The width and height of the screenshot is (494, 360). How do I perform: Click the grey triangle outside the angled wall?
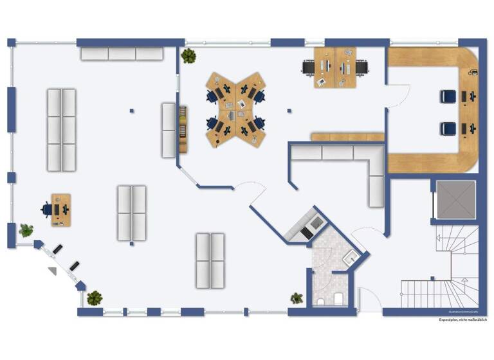(52, 271)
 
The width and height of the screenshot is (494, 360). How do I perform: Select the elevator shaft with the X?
(455, 201)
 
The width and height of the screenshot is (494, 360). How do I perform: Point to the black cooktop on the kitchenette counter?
(317, 222)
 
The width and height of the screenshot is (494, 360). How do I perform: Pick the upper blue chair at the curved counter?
(448, 96)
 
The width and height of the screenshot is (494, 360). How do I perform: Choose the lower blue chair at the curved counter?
(448, 129)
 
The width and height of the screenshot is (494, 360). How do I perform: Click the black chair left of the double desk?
(309, 66)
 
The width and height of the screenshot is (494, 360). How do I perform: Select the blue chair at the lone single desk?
(47, 209)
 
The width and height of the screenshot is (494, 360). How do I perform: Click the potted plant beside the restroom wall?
(297, 298)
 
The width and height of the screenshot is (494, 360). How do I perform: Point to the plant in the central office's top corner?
(188, 56)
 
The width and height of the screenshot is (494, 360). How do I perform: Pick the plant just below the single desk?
(26, 230)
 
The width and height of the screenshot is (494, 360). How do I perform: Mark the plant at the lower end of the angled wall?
(95, 298)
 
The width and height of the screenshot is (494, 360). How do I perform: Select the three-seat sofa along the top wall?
(122, 53)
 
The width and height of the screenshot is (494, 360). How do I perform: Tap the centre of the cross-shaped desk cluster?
(235, 109)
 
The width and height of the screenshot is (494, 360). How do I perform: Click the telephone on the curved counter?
(474, 73)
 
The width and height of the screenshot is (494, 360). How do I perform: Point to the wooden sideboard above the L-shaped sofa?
(347, 136)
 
